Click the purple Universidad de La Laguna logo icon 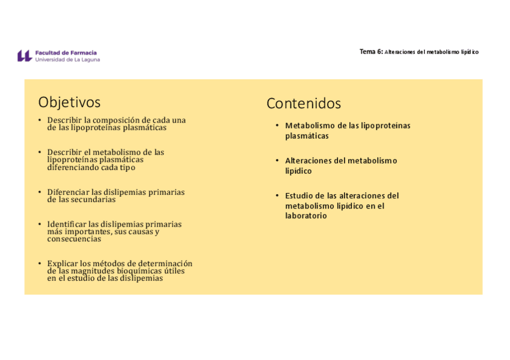[x=24, y=56]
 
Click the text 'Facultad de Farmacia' [x=66, y=53]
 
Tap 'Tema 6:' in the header [x=370, y=52]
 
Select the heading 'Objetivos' [x=69, y=102]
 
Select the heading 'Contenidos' [x=303, y=103]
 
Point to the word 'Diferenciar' [x=69, y=192]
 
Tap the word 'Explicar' [x=63, y=263]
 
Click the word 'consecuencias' [x=74, y=239]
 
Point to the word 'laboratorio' [x=306, y=216]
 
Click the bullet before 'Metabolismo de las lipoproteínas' [x=277, y=126]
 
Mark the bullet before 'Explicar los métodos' [x=40, y=263]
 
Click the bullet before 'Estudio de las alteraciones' [x=277, y=195]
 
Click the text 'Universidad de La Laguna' [x=67, y=59]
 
